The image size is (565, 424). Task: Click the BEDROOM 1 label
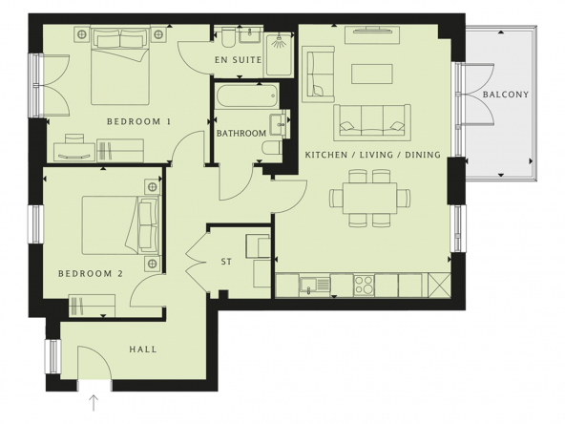[x=138, y=121]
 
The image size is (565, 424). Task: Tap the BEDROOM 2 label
[x=91, y=274]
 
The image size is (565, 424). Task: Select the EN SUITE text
[x=238, y=60]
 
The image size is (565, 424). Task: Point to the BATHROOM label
[x=241, y=134]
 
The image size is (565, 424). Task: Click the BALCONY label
[x=506, y=95]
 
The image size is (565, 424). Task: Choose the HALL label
[x=143, y=349]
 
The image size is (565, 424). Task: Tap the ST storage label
[x=226, y=262]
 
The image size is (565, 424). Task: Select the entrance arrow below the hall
[x=94, y=403]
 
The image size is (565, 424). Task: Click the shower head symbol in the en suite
[x=279, y=41]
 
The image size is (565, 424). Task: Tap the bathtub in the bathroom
[x=247, y=95]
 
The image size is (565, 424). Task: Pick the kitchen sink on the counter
[x=315, y=285]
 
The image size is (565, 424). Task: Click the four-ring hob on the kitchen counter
[x=364, y=285]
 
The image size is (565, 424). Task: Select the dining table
[x=369, y=198]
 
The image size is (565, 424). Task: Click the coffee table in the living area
[x=372, y=74]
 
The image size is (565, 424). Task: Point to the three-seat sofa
[x=372, y=122]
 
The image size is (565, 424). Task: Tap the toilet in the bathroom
[x=272, y=148]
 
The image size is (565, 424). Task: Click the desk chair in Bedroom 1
[x=74, y=139]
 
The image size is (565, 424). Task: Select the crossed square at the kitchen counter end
[x=439, y=285]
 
